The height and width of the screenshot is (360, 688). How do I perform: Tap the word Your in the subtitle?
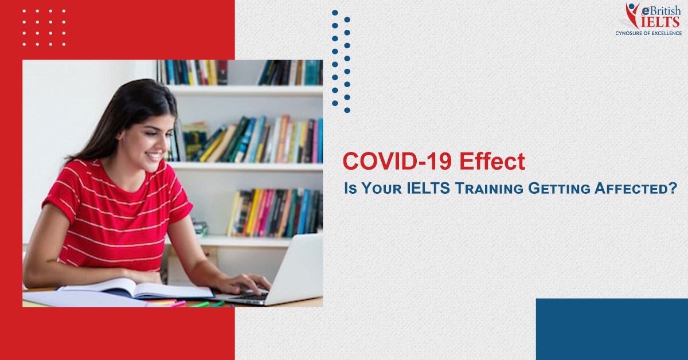pyautogui.click(x=381, y=188)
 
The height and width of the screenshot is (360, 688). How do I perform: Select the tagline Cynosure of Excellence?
pyautogui.click(x=648, y=33)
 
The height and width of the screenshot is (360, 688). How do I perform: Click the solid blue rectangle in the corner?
pyautogui.click(x=612, y=329)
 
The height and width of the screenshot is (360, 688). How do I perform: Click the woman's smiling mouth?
pyautogui.click(x=154, y=156)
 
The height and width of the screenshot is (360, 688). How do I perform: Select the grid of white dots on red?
pyautogui.click(x=44, y=28)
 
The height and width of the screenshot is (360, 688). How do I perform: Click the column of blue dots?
pyautogui.click(x=341, y=61)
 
